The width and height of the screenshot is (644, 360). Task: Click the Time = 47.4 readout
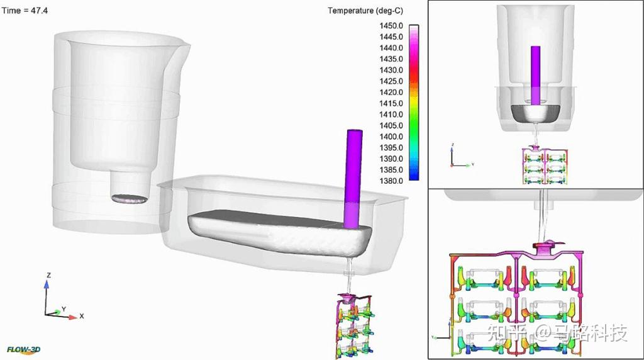[25, 11]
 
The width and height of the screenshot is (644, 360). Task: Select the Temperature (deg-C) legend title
[365, 11]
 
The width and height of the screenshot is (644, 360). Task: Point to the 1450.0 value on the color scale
[391, 26]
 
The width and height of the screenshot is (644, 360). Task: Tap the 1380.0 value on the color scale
[391, 181]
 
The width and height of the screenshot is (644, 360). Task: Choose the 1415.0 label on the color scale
[391, 103]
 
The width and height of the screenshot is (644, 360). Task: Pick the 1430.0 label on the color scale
[391, 70]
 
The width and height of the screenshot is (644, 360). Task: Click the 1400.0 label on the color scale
[391, 137]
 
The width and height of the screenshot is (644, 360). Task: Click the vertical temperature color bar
[414, 103]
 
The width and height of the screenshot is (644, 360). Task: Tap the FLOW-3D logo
[24, 350]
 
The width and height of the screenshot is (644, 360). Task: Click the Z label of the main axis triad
[49, 275]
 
